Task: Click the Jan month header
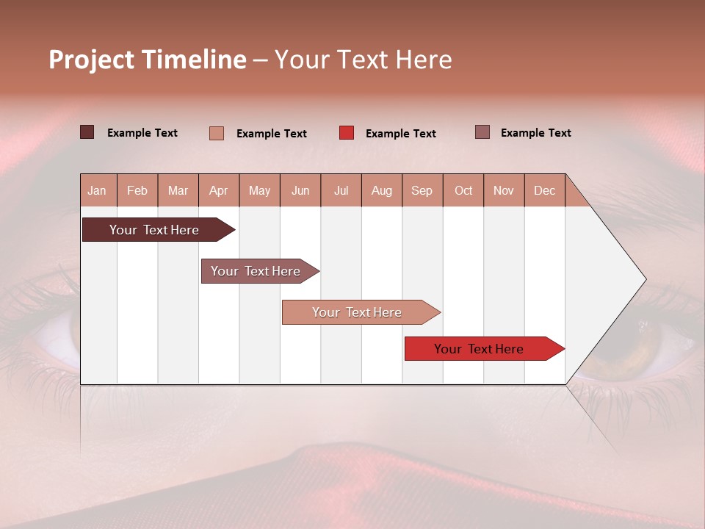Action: point(98,190)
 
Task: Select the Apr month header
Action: point(219,190)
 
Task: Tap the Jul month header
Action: point(341,190)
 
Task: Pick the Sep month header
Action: point(422,190)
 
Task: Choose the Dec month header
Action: point(544,190)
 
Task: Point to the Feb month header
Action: point(137,190)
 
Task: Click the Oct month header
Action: point(463,190)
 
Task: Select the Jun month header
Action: point(300,190)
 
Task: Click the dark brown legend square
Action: point(87,132)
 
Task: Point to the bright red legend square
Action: point(347,133)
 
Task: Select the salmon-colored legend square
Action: point(217,133)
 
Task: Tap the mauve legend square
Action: point(482,132)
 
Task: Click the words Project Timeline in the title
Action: point(148,60)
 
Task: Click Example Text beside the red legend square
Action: point(400,134)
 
